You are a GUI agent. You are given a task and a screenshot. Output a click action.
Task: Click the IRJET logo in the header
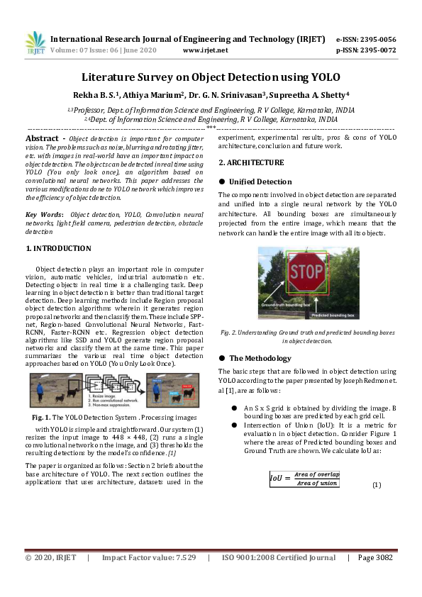(x=35, y=43)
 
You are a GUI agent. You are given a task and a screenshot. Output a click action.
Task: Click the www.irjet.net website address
(x=205, y=50)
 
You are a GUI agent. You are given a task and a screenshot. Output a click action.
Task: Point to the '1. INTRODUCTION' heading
(x=58, y=249)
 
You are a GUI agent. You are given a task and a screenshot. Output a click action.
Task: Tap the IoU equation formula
(x=305, y=479)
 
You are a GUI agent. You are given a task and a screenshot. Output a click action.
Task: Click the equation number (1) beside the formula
(x=377, y=485)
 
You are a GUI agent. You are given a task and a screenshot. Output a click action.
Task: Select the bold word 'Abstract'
(x=42, y=138)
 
